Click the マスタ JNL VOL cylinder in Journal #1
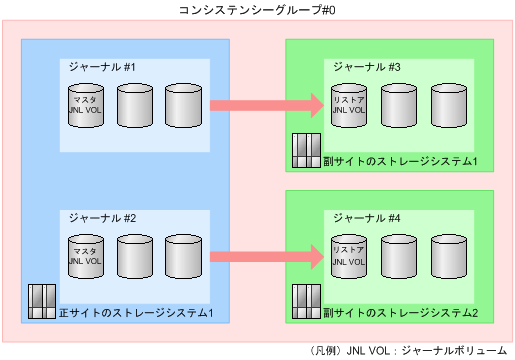point(85,105)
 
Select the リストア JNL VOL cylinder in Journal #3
point(348,105)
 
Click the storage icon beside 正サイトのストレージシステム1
point(41,301)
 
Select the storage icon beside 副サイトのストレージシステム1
point(304,150)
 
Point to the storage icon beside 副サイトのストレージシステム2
point(304,301)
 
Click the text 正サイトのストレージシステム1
point(137,313)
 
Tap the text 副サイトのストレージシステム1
point(401,161)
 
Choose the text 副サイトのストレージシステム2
point(401,313)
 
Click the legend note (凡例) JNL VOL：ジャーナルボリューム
point(410,350)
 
